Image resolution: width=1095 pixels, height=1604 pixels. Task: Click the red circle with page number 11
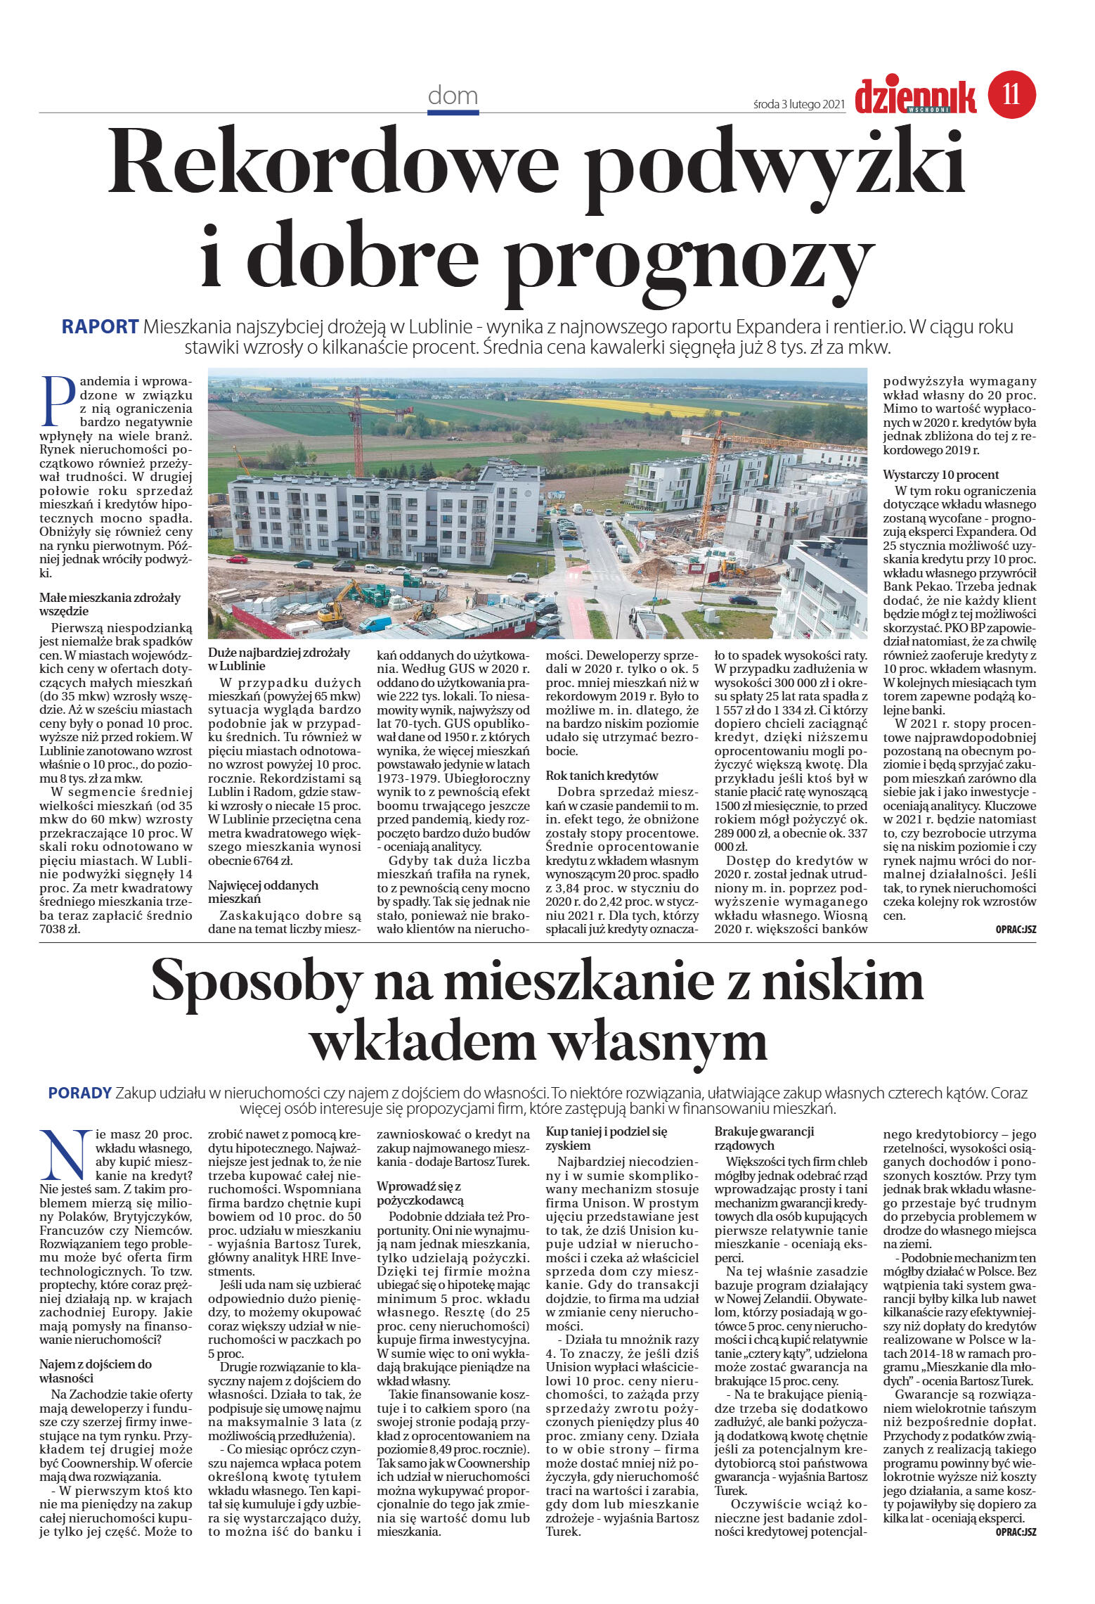tap(1011, 95)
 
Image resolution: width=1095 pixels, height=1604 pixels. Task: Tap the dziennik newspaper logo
tap(915, 96)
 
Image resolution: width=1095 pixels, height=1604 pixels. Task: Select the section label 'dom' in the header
tap(453, 96)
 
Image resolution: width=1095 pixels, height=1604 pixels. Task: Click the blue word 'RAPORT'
tap(100, 327)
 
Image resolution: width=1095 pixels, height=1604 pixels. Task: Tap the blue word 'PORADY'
tap(79, 1093)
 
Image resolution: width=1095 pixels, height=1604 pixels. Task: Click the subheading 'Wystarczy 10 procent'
tap(940, 475)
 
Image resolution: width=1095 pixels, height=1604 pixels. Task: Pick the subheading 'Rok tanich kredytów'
tap(602, 776)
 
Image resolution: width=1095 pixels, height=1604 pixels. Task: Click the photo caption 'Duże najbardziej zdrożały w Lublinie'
tap(278, 659)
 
